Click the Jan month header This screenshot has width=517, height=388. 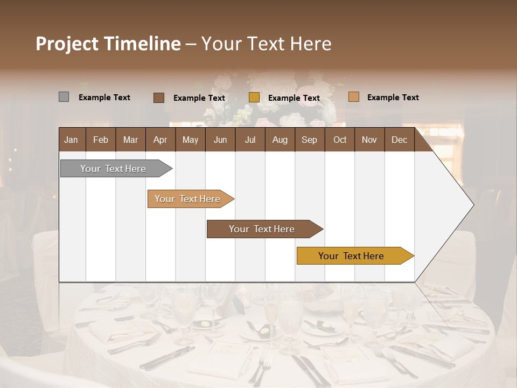coord(71,140)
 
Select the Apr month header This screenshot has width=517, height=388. coord(160,140)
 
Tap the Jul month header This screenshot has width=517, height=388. coord(250,140)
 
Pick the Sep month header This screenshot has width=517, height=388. coord(309,140)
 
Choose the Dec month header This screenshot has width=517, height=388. coord(399,140)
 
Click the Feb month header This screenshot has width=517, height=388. coord(101,140)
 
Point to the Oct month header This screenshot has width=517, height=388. coord(340,140)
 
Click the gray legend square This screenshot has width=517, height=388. coord(64,97)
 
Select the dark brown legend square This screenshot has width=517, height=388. coord(159,98)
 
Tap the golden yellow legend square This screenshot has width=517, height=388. coord(254,98)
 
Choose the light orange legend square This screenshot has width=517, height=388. coord(353,97)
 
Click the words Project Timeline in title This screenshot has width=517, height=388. coord(108,44)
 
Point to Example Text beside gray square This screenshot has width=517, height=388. coord(104,98)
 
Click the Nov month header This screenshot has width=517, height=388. coord(369,140)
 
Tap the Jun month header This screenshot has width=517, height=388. coord(220,140)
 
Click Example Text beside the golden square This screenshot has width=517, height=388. coord(294,98)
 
